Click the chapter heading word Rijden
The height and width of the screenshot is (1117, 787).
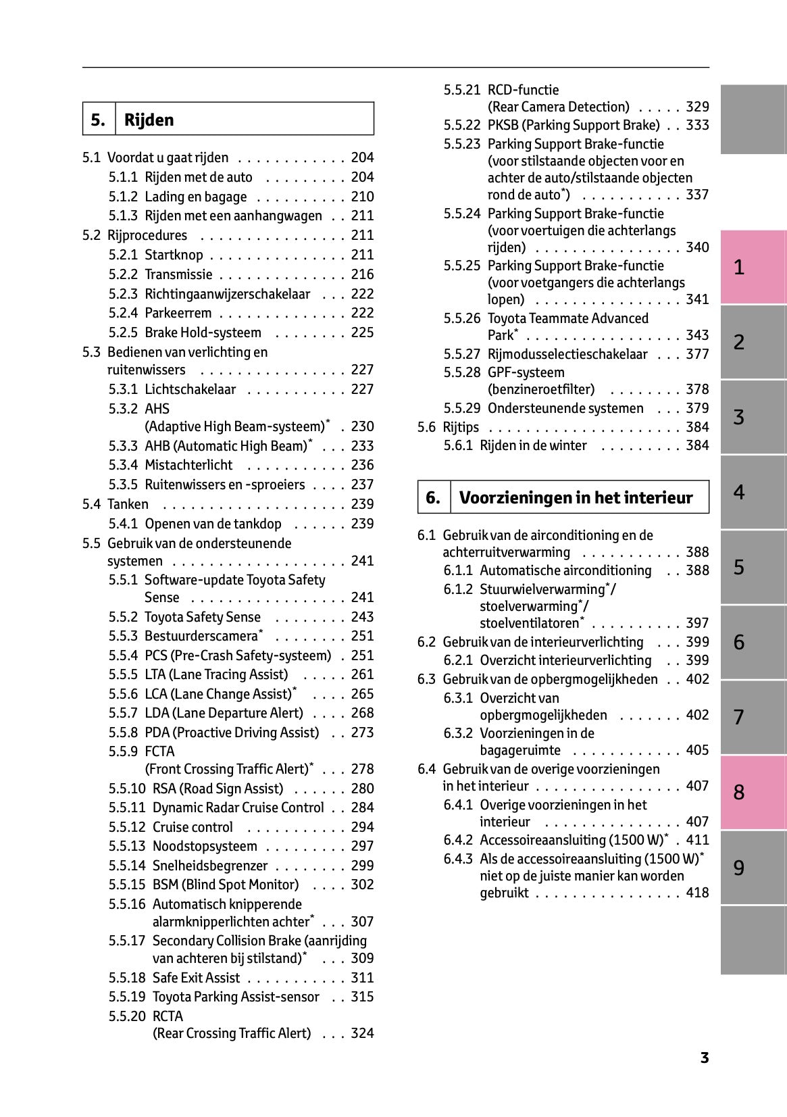coord(149,120)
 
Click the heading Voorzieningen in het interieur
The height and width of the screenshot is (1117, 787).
coord(576,497)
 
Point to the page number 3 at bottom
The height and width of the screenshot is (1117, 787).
coord(704,1058)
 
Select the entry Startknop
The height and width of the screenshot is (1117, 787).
coord(174,255)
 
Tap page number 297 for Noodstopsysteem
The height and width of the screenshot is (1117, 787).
coord(362,846)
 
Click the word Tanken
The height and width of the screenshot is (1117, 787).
coord(128,504)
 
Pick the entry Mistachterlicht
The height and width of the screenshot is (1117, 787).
coord(188,465)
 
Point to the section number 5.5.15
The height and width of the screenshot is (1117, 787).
coord(127,885)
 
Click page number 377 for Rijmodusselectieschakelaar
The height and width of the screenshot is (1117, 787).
coord(697,354)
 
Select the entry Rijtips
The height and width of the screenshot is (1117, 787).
coord(461,427)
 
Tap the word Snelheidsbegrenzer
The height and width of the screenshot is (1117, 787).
coord(210,866)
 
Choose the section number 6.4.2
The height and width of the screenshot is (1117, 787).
coord(458,840)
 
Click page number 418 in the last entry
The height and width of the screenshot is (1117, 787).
coord(697,893)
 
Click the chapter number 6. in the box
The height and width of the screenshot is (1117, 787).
coord(433,497)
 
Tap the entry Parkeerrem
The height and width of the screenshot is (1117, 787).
coord(178,313)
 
